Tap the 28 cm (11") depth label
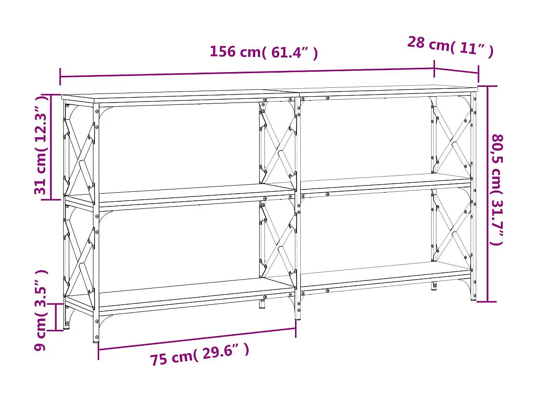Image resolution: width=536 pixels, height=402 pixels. (x=450, y=47)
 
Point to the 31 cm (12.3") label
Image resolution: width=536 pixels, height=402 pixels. (x=42, y=145)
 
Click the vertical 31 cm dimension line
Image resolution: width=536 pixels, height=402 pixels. (x=52, y=147)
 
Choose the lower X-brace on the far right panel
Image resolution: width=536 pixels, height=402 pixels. (x=451, y=225)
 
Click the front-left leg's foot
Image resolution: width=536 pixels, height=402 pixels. (x=96, y=338)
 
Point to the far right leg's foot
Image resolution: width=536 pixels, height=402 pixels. (x=473, y=297)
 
